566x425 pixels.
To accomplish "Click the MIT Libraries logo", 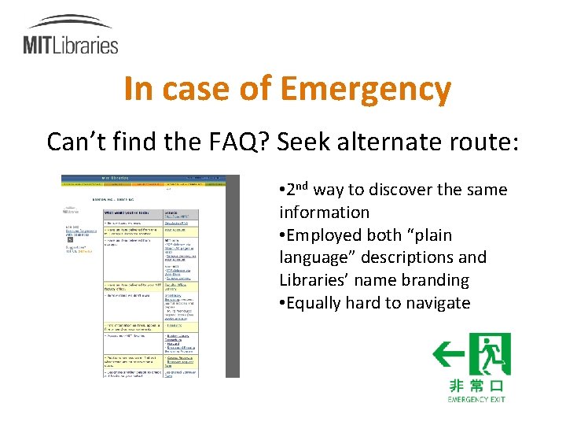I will click(70, 35).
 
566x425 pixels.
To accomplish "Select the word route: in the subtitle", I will click(478, 142).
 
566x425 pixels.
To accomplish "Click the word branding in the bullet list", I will click(436, 280).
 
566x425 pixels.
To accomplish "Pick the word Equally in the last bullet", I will click(318, 303).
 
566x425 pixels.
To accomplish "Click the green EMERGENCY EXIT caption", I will click(476, 399).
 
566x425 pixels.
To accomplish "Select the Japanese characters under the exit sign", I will click(476, 386).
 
